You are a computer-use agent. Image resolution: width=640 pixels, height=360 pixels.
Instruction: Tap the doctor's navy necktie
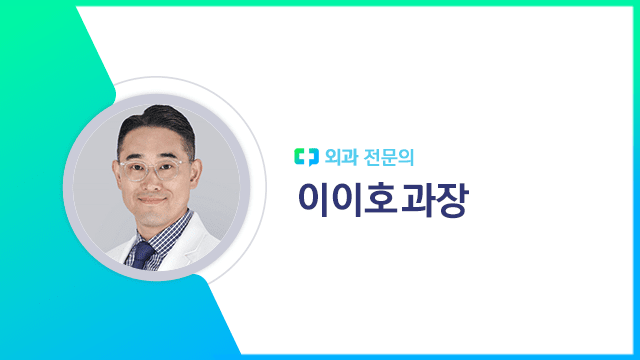(x=145, y=251)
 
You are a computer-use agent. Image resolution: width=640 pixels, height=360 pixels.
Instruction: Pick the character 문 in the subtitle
(x=393, y=156)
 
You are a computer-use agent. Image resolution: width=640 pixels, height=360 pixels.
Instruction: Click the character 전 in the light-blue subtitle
(x=373, y=156)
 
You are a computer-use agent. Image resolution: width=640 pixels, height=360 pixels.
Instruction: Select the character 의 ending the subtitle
(x=413, y=156)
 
